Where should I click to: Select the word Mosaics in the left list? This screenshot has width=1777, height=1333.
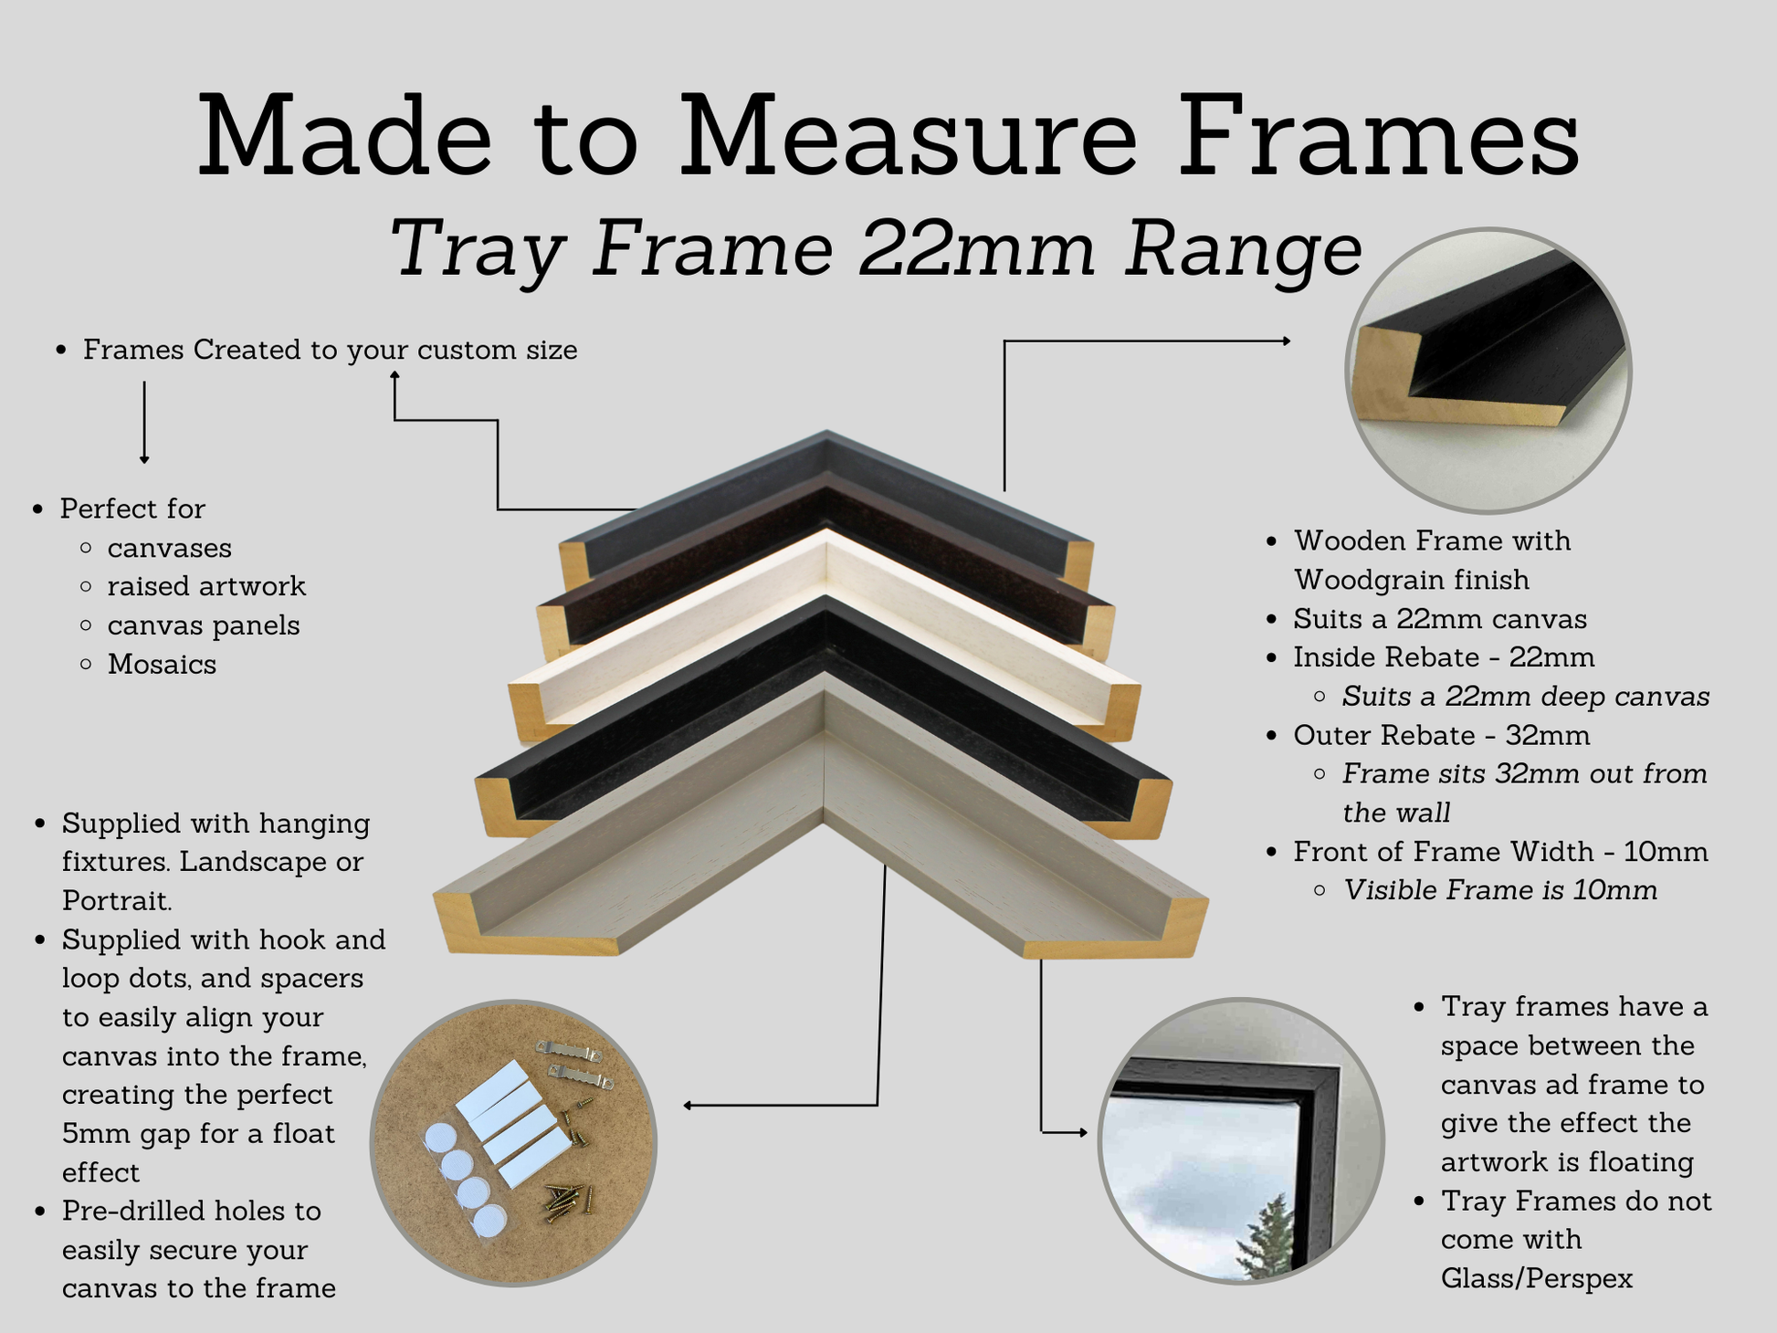pyautogui.click(x=162, y=665)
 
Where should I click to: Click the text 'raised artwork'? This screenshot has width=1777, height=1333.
pyautogui.click(x=206, y=586)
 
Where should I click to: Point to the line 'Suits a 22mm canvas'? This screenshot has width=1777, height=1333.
pyautogui.click(x=1440, y=619)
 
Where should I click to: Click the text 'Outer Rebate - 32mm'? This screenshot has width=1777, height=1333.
pyautogui.click(x=1442, y=735)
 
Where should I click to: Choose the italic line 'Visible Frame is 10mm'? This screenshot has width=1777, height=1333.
pyautogui.click(x=1500, y=890)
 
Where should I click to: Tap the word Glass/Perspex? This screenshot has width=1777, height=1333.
pyautogui.click(x=1537, y=1278)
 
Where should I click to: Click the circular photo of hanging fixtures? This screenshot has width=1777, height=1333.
pyautogui.click(x=513, y=1142)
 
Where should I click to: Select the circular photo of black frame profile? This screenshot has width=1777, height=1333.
pyautogui.click(x=1488, y=370)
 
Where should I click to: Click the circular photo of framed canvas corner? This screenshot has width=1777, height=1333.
pyautogui.click(x=1240, y=1140)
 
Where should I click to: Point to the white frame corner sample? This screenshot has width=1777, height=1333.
pyautogui.click(x=825, y=630)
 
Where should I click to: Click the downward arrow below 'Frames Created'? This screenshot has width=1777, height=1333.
pyautogui.click(x=144, y=423)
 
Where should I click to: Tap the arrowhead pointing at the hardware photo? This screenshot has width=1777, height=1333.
pyautogui.click(x=688, y=1106)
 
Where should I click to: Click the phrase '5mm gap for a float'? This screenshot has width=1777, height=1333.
pyautogui.click(x=198, y=1133)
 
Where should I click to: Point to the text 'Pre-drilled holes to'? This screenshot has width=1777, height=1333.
pyautogui.click(x=192, y=1211)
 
